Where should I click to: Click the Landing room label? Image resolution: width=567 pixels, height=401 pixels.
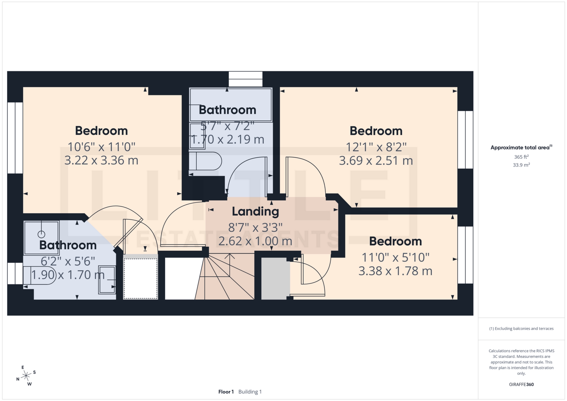tap(255, 211)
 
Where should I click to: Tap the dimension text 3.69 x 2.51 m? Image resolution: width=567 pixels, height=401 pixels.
tap(376, 161)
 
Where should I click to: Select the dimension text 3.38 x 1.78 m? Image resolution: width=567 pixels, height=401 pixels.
tap(395, 271)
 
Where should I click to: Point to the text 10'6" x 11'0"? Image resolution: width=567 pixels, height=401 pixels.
tap(101, 147)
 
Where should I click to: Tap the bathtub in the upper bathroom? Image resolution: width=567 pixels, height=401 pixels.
tap(230, 105)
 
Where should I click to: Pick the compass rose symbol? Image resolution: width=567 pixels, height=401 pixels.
tap(27, 376)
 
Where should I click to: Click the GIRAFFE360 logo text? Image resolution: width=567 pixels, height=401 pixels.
tap(521, 384)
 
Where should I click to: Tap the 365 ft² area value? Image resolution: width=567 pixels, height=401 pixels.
tap(521, 157)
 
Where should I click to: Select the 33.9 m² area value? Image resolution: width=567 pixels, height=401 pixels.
tap(521, 165)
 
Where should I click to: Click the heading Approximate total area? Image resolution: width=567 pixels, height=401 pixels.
tap(520, 147)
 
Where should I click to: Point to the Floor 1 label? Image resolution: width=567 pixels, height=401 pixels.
tap(226, 392)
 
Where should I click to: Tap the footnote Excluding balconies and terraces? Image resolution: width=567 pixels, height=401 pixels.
tap(521, 328)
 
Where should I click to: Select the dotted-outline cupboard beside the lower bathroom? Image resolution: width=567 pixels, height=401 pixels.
tap(141, 278)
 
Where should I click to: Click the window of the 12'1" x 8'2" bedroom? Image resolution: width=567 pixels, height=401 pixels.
tap(465, 140)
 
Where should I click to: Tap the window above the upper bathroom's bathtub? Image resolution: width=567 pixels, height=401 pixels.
tap(245, 79)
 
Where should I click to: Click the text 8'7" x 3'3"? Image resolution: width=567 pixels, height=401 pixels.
tap(255, 228)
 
